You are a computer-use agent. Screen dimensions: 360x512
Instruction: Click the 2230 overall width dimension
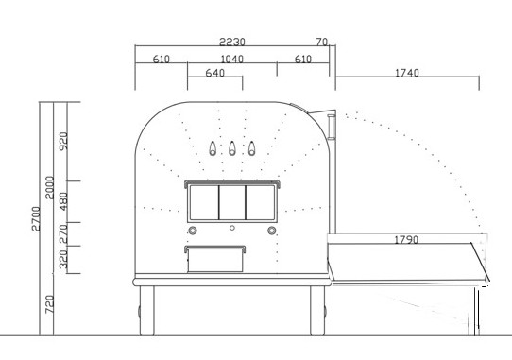click(x=232, y=42)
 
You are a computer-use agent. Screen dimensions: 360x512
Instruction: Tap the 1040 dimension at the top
click(x=231, y=59)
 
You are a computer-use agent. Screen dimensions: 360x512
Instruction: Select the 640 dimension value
click(x=214, y=73)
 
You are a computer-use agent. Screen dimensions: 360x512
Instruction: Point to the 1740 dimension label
click(x=407, y=73)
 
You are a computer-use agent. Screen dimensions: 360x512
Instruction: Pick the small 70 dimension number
click(x=322, y=42)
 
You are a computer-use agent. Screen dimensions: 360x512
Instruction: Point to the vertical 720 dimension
click(x=50, y=304)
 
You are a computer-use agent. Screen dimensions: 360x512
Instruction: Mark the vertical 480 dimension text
click(x=64, y=201)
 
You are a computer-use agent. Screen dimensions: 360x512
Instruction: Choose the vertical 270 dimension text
click(x=64, y=232)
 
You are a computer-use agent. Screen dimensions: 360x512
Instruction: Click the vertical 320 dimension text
click(x=64, y=259)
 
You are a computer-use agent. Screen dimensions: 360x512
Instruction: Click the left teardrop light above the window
click(x=211, y=148)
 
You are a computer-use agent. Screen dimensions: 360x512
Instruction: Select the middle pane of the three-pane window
click(x=232, y=202)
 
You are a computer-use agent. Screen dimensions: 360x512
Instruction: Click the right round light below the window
click(x=272, y=230)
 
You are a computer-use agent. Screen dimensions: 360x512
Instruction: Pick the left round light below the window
click(x=193, y=230)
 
